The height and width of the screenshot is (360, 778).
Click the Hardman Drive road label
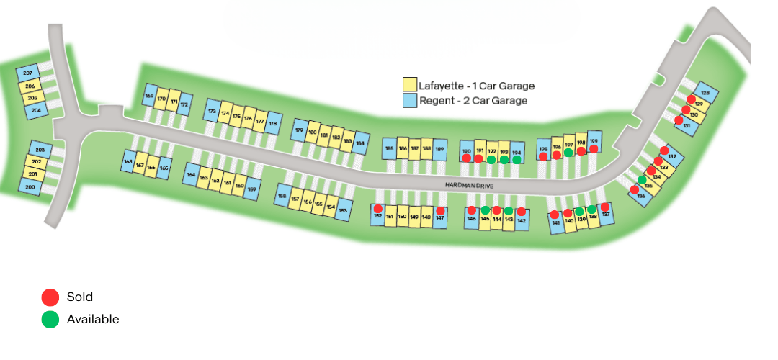point(468,186)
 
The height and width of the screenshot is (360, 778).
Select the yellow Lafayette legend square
point(410,86)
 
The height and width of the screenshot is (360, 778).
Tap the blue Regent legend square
point(410,101)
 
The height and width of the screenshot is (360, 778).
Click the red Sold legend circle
point(50,297)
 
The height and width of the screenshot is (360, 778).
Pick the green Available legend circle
point(50,320)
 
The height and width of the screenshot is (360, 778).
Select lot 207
point(28,75)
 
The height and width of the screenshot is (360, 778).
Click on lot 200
point(30,187)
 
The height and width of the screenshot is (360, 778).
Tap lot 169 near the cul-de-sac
point(150,96)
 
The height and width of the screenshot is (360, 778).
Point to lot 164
point(192,175)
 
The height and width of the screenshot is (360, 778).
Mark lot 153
point(343,210)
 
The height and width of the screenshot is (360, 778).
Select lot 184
point(360,143)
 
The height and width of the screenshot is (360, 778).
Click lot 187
point(414,149)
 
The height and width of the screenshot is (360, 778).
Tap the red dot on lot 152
point(377,209)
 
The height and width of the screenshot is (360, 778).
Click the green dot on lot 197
point(568,153)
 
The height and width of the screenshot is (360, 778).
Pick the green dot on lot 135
point(642,179)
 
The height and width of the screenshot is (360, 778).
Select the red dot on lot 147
point(440,211)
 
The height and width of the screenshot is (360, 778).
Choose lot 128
point(705,94)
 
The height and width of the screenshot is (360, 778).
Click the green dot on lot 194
point(517,159)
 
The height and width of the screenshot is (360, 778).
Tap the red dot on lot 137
point(605,207)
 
